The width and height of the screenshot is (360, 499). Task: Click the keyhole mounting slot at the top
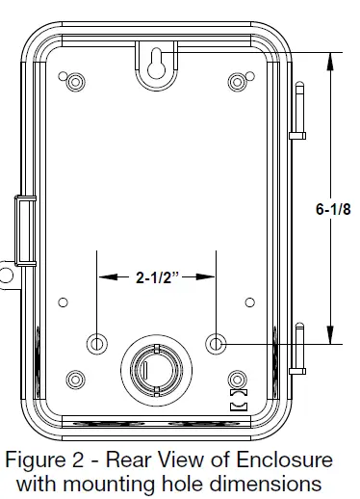(156, 64)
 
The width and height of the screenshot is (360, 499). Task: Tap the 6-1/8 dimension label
(333, 209)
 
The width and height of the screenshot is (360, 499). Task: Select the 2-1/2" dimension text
(157, 277)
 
